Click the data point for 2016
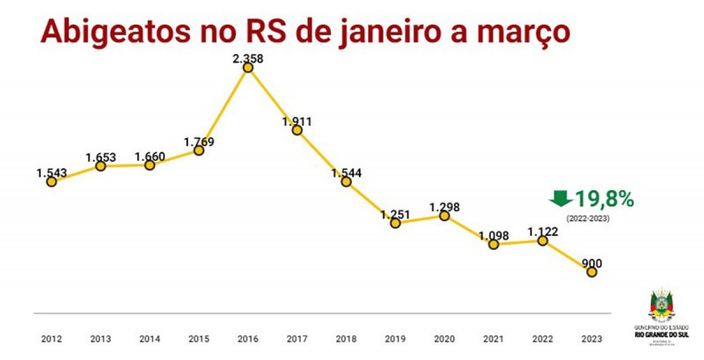pyautogui.click(x=248, y=69)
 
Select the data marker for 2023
pyautogui.click(x=591, y=272)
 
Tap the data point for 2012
pyautogui.click(x=52, y=181)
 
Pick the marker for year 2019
pyautogui.click(x=395, y=223)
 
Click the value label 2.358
pyautogui.click(x=248, y=59)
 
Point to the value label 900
pyautogui.click(x=591, y=262)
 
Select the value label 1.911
pyautogui.click(x=297, y=121)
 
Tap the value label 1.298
pyautogui.click(x=444, y=206)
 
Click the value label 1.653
pyautogui.click(x=101, y=157)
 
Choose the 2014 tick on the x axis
pyautogui.click(x=150, y=338)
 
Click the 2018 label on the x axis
pyautogui.click(x=346, y=338)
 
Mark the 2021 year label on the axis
pyautogui.click(x=494, y=338)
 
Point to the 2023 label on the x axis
pyautogui.click(x=591, y=338)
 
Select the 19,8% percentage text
pyautogui.click(x=605, y=198)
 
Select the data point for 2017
pyautogui.click(x=297, y=130)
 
